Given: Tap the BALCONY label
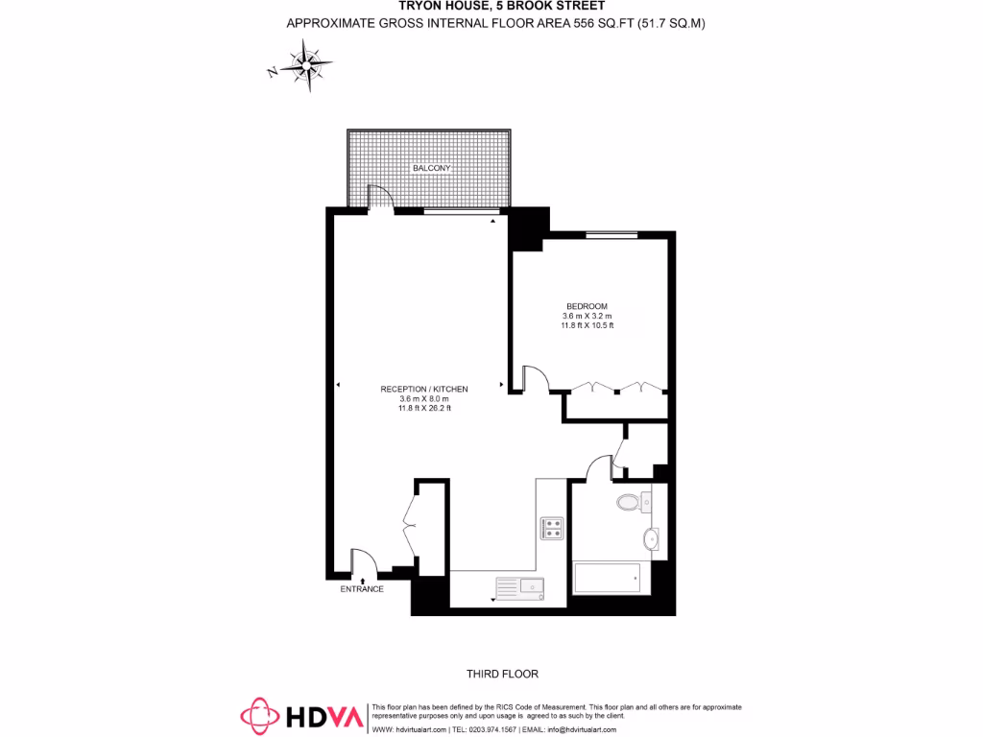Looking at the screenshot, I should (x=431, y=168).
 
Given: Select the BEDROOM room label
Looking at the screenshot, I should (x=587, y=306).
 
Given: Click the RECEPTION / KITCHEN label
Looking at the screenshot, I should (x=424, y=389).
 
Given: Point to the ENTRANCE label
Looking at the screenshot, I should (x=362, y=588).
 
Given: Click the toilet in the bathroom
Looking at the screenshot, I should (x=630, y=502).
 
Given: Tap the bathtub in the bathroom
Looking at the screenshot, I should (x=607, y=578).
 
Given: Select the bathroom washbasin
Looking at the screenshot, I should (x=652, y=539).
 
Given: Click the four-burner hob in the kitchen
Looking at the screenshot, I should (x=552, y=528).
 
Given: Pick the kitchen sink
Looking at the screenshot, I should (x=519, y=585).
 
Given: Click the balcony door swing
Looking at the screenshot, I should (x=380, y=197).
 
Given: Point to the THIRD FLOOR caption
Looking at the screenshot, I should (x=496, y=674).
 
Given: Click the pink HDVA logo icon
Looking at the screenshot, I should (x=259, y=715).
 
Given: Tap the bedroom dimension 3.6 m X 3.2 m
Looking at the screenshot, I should (x=587, y=316).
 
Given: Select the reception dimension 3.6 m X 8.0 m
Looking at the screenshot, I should (x=424, y=398).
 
